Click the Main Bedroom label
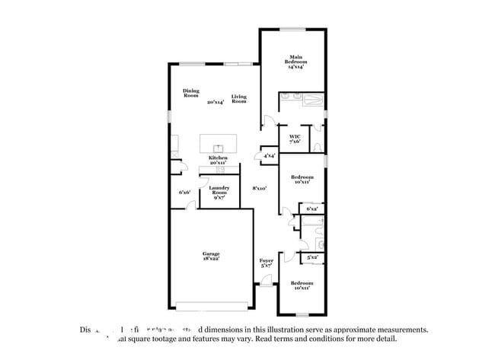click(295, 60)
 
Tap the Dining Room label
click(190, 94)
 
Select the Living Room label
click(239, 98)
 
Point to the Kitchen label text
click(219, 158)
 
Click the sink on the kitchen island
click(218, 146)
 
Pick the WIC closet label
click(295, 138)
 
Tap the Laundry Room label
click(219, 190)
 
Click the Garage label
click(211, 253)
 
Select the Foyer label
click(266, 260)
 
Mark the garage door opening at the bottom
click(212, 307)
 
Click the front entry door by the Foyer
click(266, 283)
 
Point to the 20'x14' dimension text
click(215, 102)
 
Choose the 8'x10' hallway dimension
click(260, 188)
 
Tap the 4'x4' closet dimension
click(269, 156)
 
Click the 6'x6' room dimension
click(184, 193)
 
